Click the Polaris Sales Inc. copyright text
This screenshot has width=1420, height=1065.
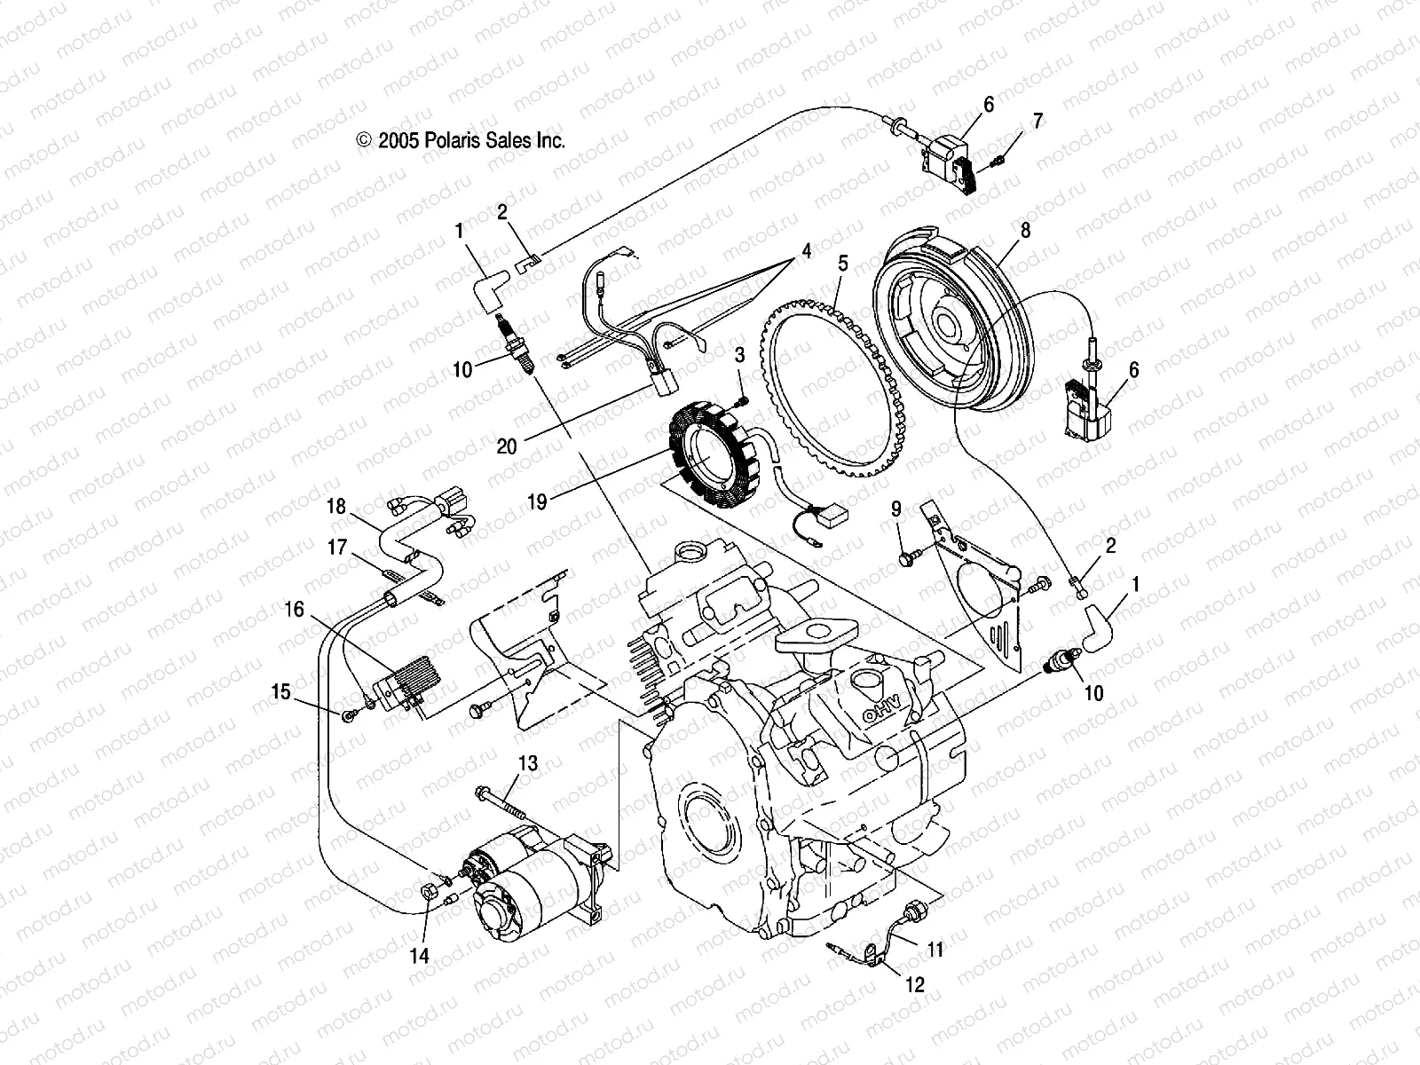coord(461,140)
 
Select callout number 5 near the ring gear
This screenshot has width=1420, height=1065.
coord(842,264)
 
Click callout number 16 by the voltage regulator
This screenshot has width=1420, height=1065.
coord(295,610)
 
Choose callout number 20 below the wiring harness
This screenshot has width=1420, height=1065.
coord(507,446)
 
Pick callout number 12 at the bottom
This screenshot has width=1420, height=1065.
coord(915,984)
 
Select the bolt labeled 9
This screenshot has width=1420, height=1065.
coord(907,559)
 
